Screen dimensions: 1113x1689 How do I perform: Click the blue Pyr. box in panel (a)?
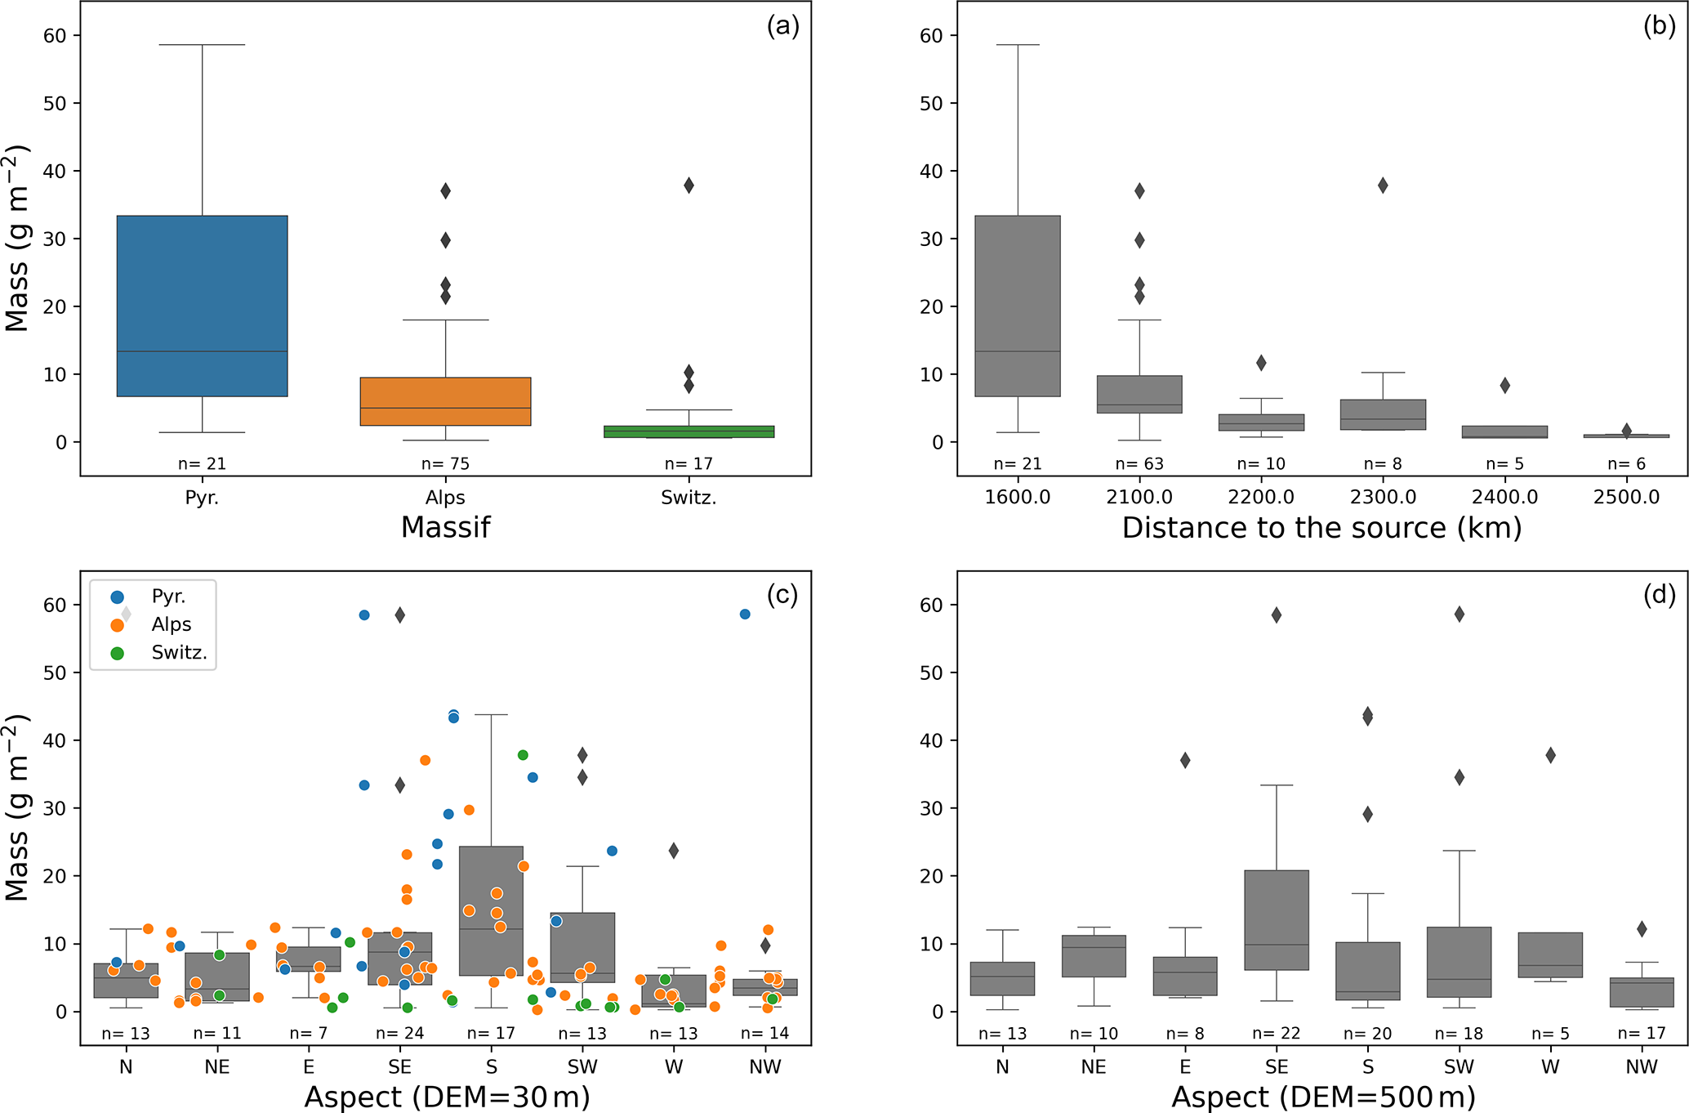(x=202, y=306)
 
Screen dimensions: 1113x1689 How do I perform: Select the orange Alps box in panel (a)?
(x=445, y=401)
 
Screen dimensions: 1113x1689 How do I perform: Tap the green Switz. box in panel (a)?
(x=689, y=431)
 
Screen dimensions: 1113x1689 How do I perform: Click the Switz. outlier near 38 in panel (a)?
(x=689, y=185)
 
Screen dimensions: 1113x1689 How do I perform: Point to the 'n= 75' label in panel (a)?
(x=445, y=464)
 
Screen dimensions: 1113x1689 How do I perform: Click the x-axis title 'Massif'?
(x=445, y=528)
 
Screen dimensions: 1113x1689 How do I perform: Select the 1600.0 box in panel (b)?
(x=1018, y=306)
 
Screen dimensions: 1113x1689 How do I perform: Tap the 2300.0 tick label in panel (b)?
(x=1382, y=497)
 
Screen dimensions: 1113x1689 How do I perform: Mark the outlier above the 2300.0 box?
(x=1383, y=185)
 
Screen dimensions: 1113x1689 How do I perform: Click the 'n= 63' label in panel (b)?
(x=1139, y=464)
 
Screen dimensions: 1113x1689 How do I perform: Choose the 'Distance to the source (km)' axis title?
(x=1321, y=528)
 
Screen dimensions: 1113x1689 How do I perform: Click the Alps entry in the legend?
(x=171, y=625)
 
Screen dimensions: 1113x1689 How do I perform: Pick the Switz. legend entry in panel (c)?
(x=179, y=653)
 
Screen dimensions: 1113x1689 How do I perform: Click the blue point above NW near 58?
(x=745, y=614)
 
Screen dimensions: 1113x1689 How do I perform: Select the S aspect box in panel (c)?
(x=491, y=910)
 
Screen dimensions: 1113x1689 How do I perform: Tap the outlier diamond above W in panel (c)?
(x=674, y=851)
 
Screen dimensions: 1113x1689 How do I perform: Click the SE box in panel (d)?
(x=1277, y=920)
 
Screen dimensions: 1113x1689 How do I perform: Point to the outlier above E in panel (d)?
(x=1185, y=761)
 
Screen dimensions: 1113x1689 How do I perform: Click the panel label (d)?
(x=1659, y=595)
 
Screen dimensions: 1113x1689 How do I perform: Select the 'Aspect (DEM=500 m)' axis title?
(x=1323, y=1097)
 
